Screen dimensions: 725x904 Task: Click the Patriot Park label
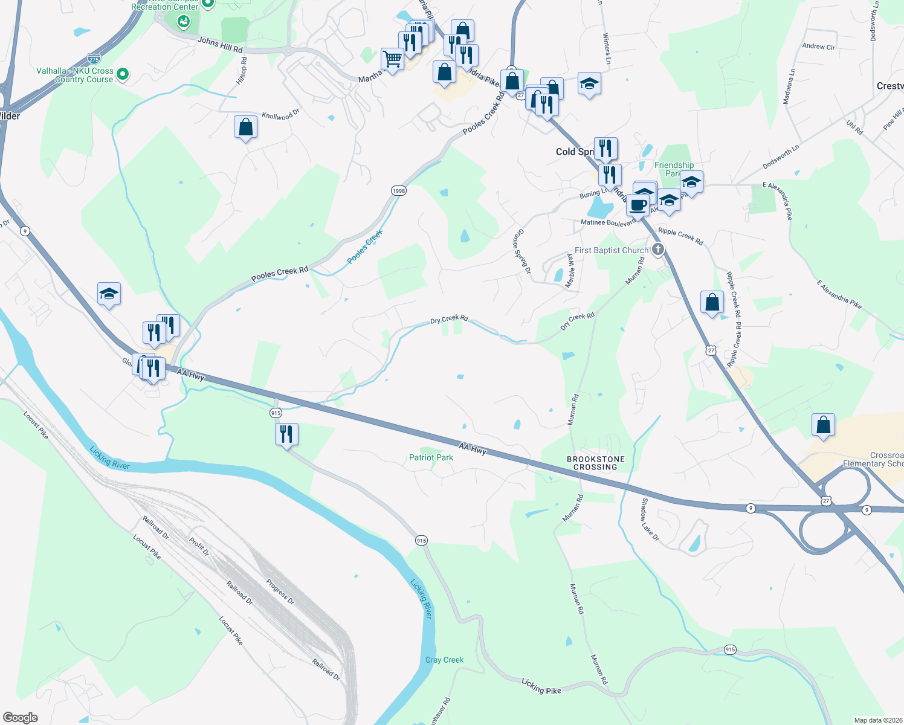(431, 457)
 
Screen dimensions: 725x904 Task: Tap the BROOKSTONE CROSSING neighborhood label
(596, 463)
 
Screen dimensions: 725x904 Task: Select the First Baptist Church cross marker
(658, 250)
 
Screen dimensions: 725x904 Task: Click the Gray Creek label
(444, 660)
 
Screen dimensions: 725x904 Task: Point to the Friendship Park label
(674, 169)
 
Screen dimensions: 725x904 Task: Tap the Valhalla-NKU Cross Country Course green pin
(123, 74)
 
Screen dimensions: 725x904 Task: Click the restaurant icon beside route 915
(286, 434)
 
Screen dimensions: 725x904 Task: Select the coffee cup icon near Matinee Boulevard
(638, 205)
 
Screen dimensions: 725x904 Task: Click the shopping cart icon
(392, 59)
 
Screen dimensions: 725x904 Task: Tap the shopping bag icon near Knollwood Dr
(245, 127)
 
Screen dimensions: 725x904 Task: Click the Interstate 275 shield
(94, 59)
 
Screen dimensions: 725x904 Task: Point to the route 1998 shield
(398, 190)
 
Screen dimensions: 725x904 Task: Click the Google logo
(21, 718)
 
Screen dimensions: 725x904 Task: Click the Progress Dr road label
(280, 592)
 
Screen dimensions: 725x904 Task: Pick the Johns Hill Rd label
(220, 45)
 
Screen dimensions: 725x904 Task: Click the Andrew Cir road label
(818, 46)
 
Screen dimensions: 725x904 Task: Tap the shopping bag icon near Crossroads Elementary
(823, 425)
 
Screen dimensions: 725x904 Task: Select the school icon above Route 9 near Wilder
(109, 294)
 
